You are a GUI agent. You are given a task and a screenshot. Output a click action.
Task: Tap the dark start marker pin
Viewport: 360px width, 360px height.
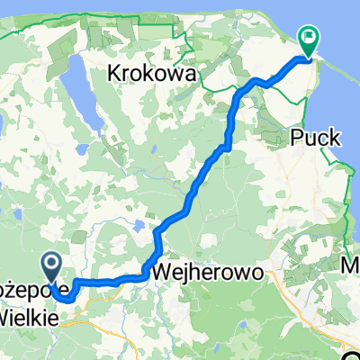coord(51,265)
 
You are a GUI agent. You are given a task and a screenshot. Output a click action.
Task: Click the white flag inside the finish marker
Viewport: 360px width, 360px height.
coord(309,38)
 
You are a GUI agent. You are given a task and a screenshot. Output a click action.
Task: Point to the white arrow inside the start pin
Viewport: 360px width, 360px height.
coord(51,263)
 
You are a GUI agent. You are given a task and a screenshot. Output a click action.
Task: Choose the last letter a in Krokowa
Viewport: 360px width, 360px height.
coord(191,74)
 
